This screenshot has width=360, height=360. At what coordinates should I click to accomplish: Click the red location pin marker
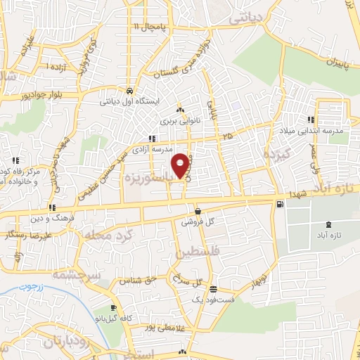(181, 165)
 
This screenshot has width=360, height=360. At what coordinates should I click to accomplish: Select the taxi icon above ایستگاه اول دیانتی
(130, 91)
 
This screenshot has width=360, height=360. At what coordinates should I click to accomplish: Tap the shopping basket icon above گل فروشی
(198, 211)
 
